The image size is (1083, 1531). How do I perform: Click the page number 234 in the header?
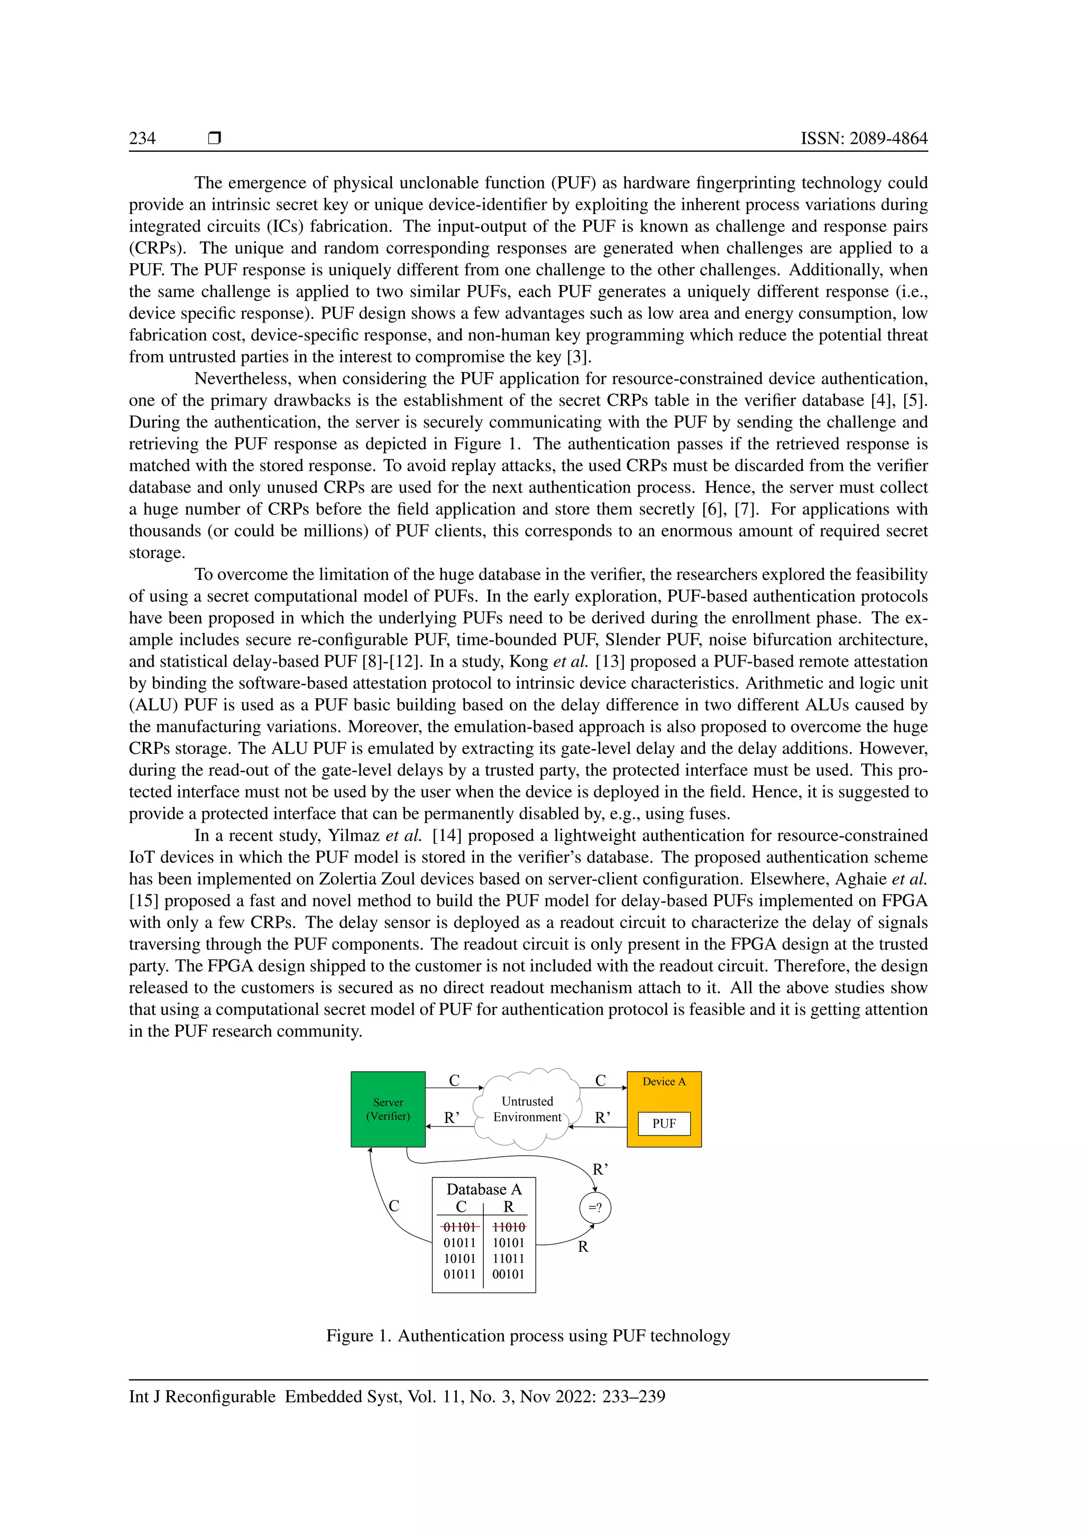point(142,138)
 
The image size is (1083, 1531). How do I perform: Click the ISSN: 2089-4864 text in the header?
point(864,138)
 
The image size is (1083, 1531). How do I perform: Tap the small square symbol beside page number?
point(215,138)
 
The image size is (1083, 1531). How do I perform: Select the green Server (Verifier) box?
point(388,1109)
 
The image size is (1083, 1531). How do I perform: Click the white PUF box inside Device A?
point(664,1123)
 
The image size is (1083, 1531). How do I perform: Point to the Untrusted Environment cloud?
point(527,1109)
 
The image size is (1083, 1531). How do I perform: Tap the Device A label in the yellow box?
point(664,1082)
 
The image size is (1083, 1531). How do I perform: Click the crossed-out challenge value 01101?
point(460,1227)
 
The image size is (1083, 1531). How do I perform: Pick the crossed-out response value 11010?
point(509,1227)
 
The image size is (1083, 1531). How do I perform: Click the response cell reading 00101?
point(508,1274)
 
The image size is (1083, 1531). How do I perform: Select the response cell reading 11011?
point(508,1258)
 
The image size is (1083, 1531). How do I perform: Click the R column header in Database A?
point(509,1206)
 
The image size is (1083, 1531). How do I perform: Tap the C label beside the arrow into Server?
point(394,1205)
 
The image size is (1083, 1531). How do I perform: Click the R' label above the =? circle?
point(600,1169)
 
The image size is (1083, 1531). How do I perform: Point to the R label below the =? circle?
point(583,1247)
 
